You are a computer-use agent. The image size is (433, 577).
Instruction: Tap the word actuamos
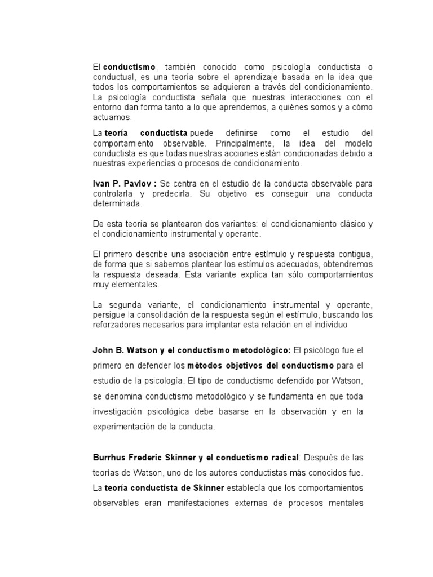(x=112, y=117)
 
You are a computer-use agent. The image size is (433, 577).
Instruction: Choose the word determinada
(x=116, y=205)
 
